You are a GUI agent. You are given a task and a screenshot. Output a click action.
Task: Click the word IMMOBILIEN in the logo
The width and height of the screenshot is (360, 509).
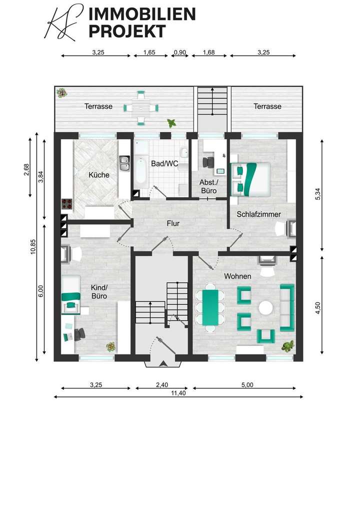tap(141, 15)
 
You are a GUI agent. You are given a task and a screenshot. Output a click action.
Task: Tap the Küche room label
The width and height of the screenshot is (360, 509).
tap(98, 175)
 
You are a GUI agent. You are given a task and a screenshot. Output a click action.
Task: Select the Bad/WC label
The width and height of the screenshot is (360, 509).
tap(164, 163)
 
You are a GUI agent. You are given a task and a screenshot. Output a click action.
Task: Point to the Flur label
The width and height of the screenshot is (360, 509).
tap(173, 223)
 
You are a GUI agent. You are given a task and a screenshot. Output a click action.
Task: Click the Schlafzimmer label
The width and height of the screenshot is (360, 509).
tap(258, 214)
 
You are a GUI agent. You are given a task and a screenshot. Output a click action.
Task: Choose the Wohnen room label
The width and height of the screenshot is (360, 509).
tap(237, 276)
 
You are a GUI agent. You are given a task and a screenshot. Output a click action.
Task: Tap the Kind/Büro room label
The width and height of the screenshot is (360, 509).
tap(99, 291)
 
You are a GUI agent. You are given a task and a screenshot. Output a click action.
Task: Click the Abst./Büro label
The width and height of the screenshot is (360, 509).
tap(208, 186)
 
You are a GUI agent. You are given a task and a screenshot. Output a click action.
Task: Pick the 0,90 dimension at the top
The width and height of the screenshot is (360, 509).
tap(179, 51)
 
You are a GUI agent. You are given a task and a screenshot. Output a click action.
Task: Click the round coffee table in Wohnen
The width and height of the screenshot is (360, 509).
tap(266, 307)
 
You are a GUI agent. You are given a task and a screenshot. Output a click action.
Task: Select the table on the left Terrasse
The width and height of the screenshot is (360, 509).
tap(141, 106)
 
